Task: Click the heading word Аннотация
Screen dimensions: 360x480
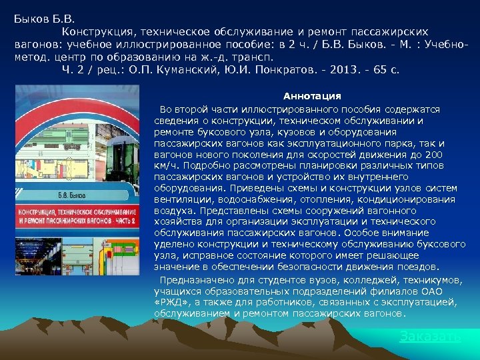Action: [312, 97]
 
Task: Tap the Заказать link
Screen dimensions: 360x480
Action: [430, 337]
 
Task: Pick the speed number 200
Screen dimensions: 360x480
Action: [433, 154]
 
